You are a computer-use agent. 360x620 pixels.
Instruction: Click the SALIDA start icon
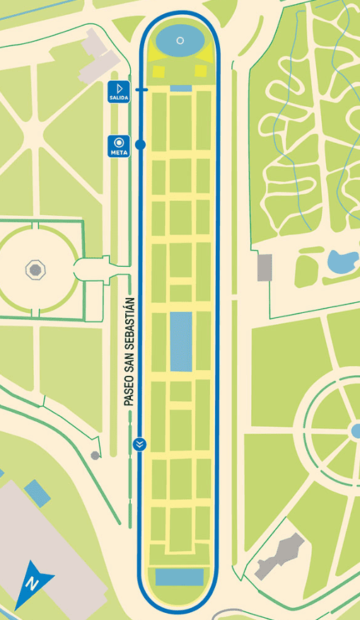coord(119,92)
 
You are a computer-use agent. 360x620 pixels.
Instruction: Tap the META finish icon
coord(119,145)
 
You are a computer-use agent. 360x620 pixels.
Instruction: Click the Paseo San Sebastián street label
coord(129,355)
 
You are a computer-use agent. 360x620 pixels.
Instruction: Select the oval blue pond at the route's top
coord(180,40)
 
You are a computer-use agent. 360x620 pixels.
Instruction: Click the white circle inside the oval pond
coord(180,40)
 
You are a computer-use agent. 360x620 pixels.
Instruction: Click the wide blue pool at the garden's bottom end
coord(180,577)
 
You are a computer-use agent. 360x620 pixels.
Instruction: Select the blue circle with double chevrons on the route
coord(140,444)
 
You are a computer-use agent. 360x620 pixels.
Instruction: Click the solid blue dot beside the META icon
coord(140,144)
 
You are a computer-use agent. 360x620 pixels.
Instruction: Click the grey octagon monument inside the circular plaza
coord(34,269)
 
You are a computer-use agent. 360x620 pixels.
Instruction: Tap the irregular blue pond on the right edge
coord(343,262)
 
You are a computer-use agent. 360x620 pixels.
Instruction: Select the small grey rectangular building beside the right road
coord(265,267)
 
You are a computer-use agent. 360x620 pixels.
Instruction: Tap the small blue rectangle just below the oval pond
coord(181,88)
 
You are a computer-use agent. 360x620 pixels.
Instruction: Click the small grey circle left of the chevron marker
coord(95,455)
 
